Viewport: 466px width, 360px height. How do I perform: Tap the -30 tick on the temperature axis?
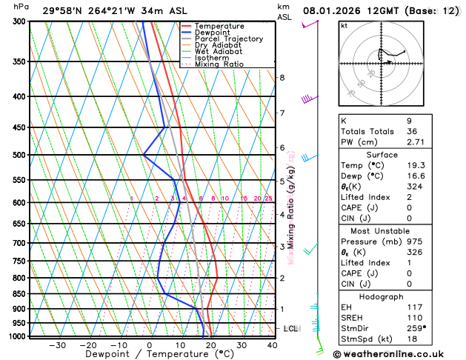click(57, 344)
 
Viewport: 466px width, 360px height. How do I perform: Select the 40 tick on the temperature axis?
click(273, 344)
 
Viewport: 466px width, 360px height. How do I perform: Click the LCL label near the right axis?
click(291, 328)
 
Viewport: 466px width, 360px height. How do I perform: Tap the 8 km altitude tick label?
click(282, 78)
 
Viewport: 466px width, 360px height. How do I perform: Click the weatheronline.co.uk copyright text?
click(398, 354)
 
